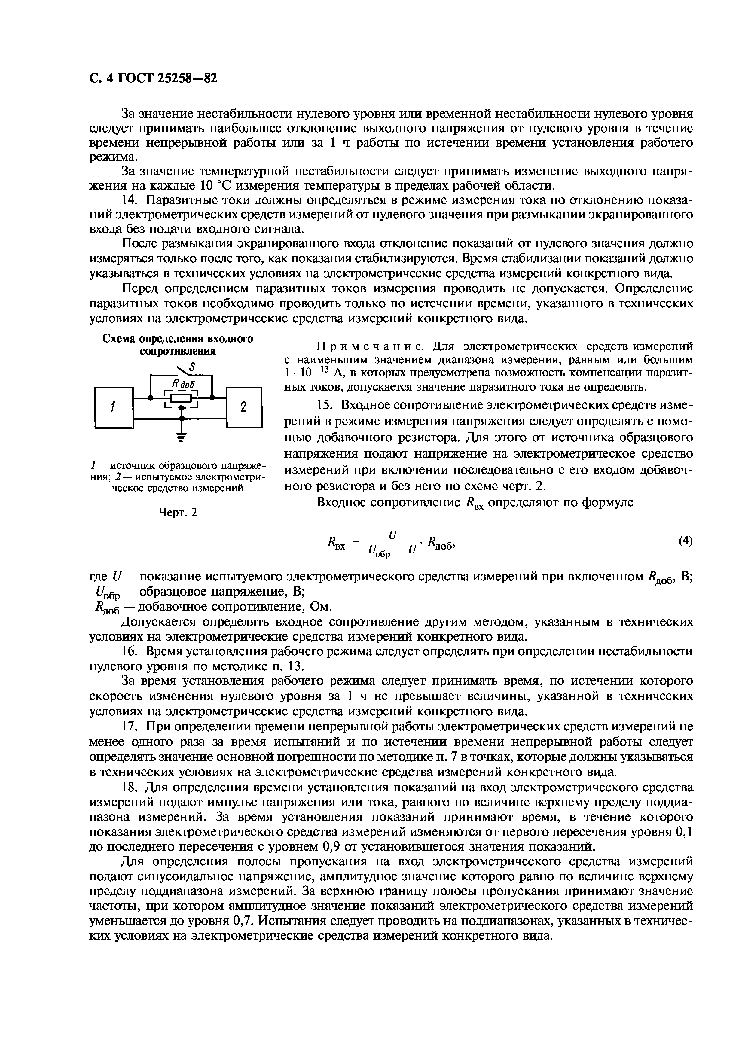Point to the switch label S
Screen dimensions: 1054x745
pos(192,367)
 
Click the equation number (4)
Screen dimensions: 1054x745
pos(685,541)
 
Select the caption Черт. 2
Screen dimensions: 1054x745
pos(178,512)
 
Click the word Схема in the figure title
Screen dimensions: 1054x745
pos(118,339)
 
